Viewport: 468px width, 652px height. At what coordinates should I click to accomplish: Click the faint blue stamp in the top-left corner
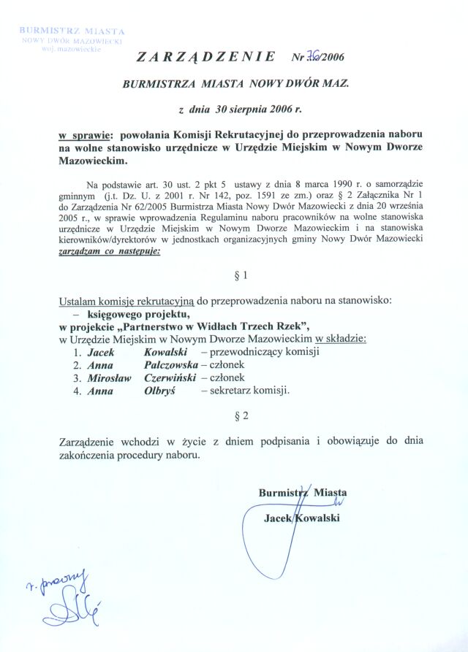(x=71, y=41)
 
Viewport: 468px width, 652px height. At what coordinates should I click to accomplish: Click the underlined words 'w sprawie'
(x=84, y=136)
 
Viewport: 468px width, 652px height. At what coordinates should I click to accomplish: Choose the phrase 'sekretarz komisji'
(x=249, y=390)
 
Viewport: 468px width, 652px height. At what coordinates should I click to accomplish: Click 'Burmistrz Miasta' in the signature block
(x=302, y=493)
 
